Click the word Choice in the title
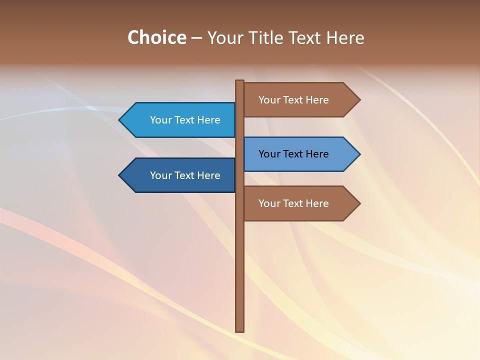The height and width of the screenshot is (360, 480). pos(156,37)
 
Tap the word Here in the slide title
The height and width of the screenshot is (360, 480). pos(345,37)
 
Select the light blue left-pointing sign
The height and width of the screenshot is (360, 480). pos(180,120)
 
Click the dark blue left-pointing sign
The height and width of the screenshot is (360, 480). pos(180,175)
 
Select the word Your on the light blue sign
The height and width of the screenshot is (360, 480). pos(160,120)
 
